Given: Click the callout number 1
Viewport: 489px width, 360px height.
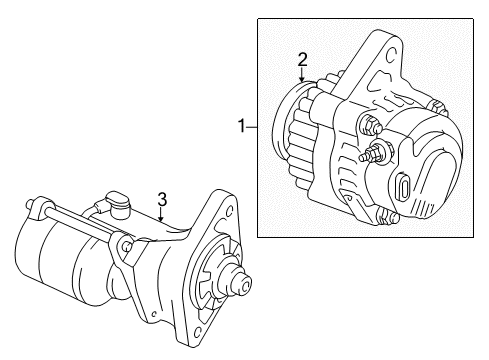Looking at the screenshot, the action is tap(242, 126).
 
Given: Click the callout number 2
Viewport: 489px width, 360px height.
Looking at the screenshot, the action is tap(302, 60).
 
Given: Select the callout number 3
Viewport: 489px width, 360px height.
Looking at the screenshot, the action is tap(162, 199).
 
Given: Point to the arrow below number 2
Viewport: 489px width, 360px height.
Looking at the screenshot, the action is tap(301, 75).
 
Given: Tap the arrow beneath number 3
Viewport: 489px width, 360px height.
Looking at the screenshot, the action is tap(161, 214).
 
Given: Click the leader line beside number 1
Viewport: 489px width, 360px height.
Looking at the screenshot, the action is tap(252, 127).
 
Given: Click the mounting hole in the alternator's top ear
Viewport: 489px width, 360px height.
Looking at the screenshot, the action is tap(391, 55).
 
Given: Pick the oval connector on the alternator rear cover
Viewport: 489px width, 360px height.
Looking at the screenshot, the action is tap(404, 185).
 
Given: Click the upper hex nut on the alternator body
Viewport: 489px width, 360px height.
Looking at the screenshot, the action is tap(369, 125).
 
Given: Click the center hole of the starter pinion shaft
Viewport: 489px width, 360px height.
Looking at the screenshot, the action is tap(246, 286).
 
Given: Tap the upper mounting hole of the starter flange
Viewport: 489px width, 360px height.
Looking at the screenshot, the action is tap(229, 211).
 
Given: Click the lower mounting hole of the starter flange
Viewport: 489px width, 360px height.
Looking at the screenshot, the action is tap(197, 332).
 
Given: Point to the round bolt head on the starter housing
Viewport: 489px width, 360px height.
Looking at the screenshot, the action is tap(127, 247).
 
